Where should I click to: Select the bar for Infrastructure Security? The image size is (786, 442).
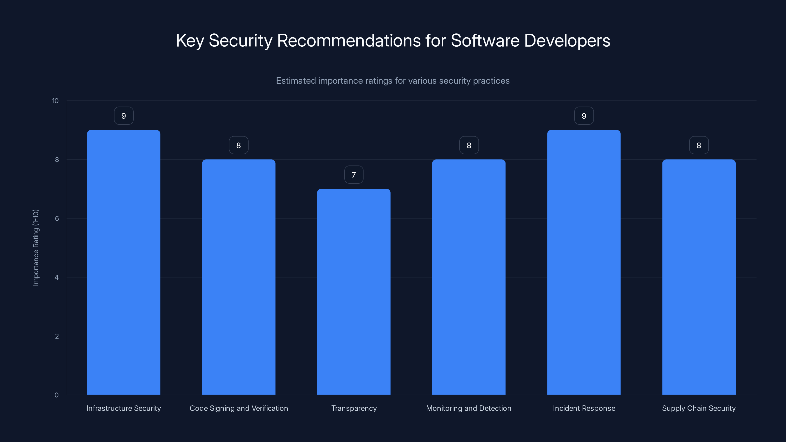point(124,262)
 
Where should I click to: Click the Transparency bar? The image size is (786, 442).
point(354,292)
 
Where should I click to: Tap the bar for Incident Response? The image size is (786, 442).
point(584,262)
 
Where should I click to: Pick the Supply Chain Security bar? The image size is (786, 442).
point(699,277)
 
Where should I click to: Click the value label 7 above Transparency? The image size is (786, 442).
point(354,175)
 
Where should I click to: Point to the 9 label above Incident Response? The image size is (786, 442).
point(584,116)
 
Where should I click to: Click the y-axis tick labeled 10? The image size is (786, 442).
point(55,101)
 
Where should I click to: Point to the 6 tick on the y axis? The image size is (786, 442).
point(57,218)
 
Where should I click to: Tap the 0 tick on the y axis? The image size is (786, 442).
point(56,395)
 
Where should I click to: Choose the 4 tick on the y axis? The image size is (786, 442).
point(56,277)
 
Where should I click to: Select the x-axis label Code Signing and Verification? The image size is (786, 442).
point(239,408)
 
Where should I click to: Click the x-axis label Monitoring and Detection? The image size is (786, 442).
point(468,408)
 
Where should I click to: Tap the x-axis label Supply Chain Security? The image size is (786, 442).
point(699,408)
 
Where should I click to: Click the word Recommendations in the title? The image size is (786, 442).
point(349,41)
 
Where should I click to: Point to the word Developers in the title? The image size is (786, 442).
point(567,41)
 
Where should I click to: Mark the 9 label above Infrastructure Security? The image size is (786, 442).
point(124,116)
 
